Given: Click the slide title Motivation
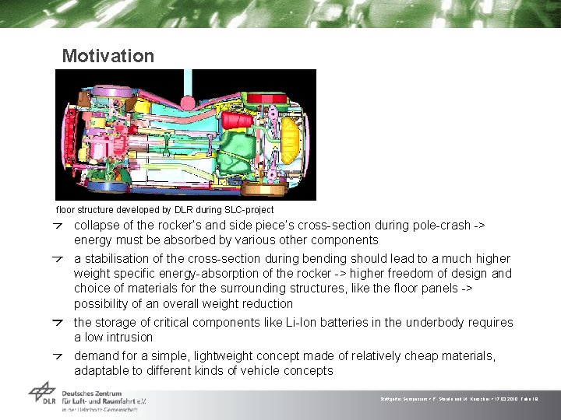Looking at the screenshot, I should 108,56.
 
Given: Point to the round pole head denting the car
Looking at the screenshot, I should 188,102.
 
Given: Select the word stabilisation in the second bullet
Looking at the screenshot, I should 119,258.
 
